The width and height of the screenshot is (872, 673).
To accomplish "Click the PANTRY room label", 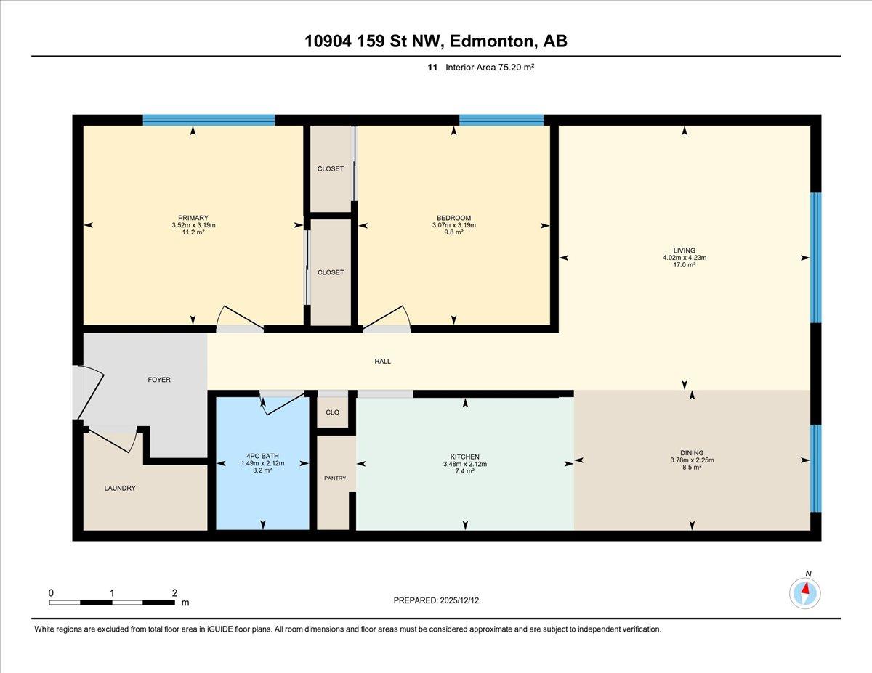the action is click(335, 478).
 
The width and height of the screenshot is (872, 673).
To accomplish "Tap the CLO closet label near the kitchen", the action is click(332, 412).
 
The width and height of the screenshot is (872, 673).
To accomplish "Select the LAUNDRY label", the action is click(120, 488).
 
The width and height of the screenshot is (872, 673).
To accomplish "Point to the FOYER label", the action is click(159, 379).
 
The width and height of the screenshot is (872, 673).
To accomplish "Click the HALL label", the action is click(382, 361).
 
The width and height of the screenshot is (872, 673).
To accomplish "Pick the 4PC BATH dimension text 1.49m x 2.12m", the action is click(262, 463).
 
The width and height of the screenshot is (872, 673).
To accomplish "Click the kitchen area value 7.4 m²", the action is click(464, 471).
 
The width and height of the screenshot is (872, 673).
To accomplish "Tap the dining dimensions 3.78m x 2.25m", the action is click(692, 460).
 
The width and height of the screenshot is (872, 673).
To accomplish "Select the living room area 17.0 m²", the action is click(685, 264).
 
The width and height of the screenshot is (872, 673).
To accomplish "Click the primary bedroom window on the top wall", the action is click(209, 120).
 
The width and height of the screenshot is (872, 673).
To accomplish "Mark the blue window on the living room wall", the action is click(816, 258).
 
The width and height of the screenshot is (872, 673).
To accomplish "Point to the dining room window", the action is click(816, 468).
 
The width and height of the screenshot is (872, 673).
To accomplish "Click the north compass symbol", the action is click(805, 593).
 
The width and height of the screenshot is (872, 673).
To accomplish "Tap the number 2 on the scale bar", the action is click(174, 593).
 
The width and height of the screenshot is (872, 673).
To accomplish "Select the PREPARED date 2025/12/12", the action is click(459, 600).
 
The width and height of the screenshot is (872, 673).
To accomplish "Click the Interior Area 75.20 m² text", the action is click(490, 67).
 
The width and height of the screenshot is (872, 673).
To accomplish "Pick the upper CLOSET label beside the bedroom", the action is click(330, 168).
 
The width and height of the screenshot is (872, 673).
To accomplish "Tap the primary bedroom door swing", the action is click(240, 319).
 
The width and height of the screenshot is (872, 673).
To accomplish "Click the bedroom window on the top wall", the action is click(501, 120).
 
